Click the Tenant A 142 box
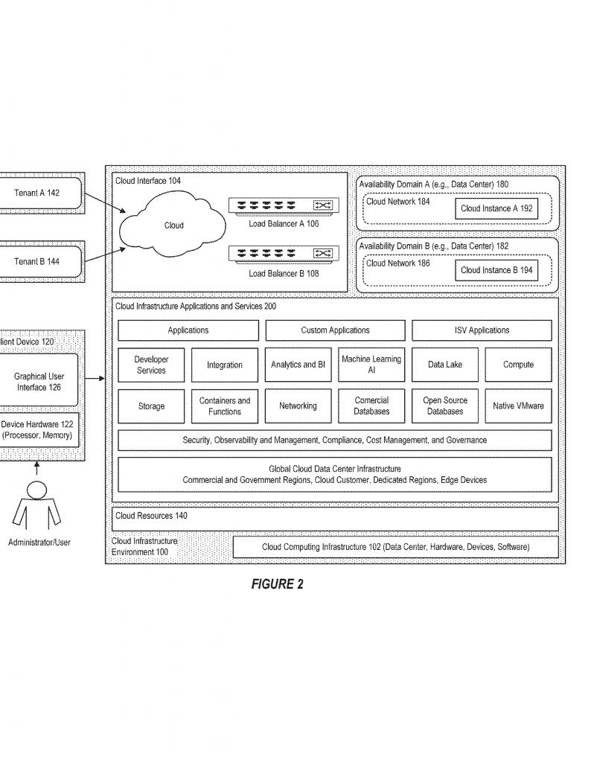41,193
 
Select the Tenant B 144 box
41,261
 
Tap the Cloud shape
173,224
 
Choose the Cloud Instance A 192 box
496,208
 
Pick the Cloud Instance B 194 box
496,270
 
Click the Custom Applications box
335,330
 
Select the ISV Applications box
482,330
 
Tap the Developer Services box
151,365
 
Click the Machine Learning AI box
371,365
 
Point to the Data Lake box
445,365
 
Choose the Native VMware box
518,406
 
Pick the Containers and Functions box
225,406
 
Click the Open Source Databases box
445,406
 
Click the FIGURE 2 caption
277,584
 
